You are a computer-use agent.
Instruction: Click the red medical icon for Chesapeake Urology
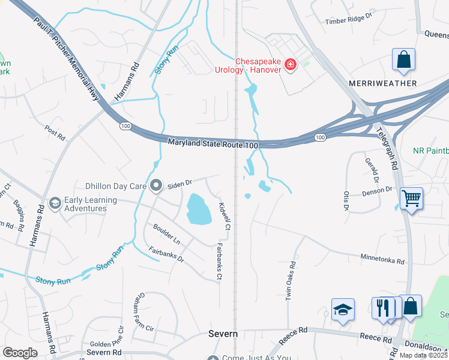click(x=291, y=64)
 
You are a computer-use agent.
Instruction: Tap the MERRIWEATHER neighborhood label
click(x=382, y=83)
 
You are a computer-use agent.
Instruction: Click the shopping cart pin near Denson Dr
click(x=411, y=197)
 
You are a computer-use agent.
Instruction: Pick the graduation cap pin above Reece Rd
click(x=343, y=310)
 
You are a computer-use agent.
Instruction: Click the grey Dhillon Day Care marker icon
click(x=156, y=185)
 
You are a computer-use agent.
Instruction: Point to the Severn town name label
click(x=223, y=334)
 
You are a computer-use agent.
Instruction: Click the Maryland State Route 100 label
click(x=212, y=144)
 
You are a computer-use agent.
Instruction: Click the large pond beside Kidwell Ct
click(x=198, y=208)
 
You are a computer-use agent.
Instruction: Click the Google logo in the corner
click(x=20, y=353)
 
